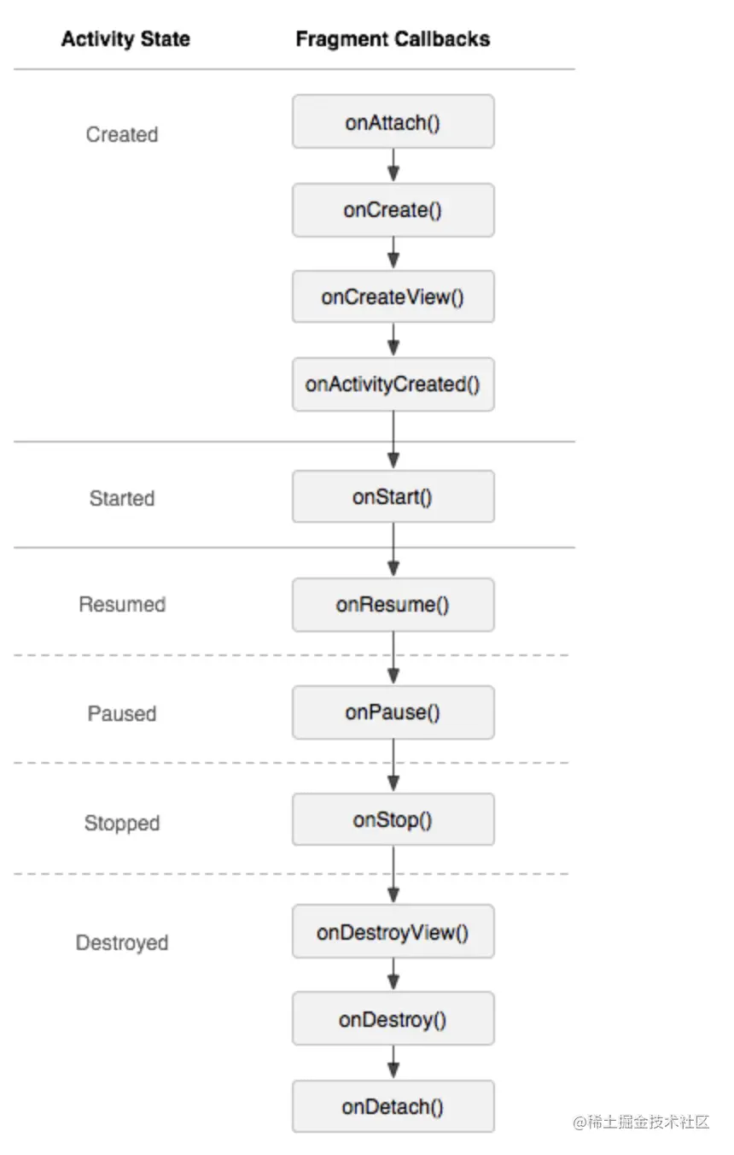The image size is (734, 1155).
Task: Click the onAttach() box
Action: point(393,121)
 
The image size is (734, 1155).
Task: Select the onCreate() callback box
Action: point(393,210)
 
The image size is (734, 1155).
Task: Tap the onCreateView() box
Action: point(393,296)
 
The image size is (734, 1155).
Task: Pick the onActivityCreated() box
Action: point(393,384)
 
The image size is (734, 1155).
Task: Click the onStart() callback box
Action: point(393,496)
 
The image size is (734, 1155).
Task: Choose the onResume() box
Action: point(393,604)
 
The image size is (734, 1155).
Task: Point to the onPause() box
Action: point(393,712)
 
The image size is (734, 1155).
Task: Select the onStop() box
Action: point(393,819)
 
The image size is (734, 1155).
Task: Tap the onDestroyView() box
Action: point(393,932)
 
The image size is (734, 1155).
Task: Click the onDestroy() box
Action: point(393,1019)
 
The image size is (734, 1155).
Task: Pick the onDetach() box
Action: point(393,1106)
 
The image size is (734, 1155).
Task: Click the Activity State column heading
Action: point(125,39)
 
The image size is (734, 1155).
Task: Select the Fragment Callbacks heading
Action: point(393,39)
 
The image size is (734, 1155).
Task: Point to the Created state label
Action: point(122,135)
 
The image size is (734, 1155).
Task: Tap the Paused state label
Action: point(122,713)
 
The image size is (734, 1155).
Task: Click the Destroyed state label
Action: point(122,943)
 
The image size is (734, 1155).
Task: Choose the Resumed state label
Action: point(122,604)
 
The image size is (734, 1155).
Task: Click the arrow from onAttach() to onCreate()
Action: point(393,166)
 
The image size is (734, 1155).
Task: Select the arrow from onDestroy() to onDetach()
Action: point(393,1063)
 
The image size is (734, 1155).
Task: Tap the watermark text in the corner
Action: point(641,1122)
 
